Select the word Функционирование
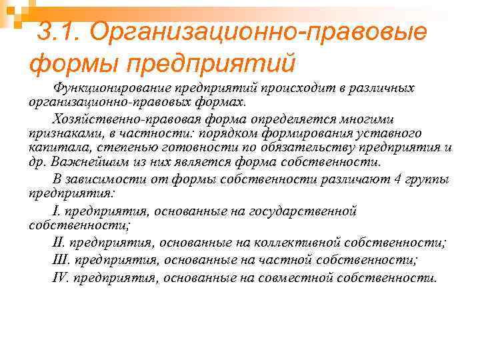(x=114, y=88)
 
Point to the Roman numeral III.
(x=61, y=260)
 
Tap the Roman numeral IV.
(x=61, y=277)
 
